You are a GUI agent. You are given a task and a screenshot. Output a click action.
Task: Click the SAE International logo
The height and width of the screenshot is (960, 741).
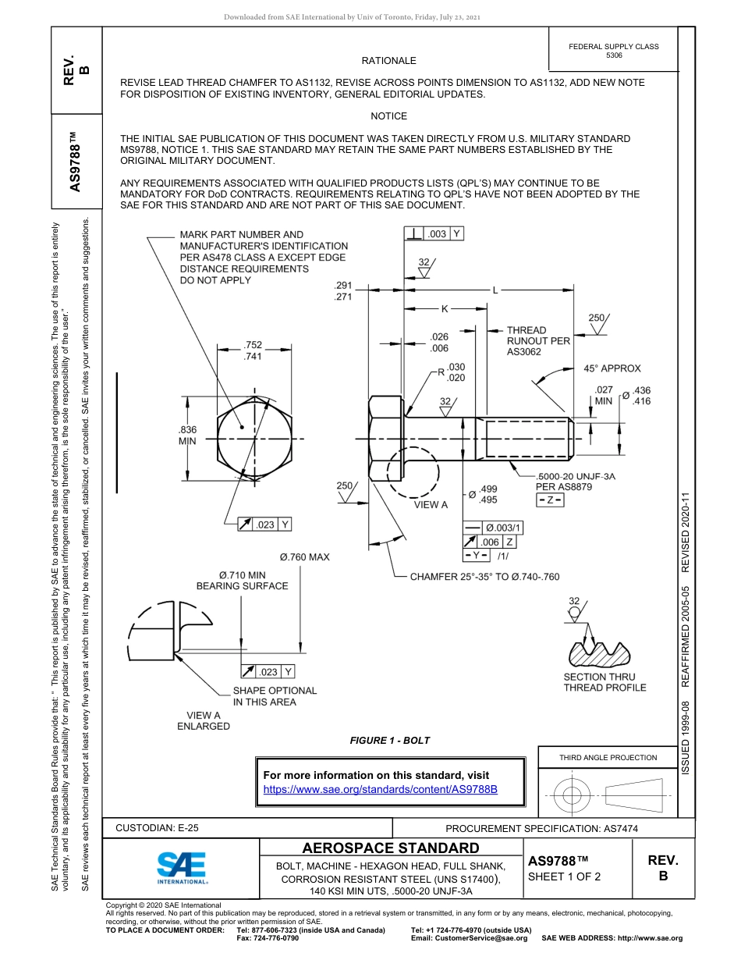tap(182, 867)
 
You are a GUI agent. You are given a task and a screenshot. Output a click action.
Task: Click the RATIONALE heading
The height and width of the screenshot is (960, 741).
tap(388, 61)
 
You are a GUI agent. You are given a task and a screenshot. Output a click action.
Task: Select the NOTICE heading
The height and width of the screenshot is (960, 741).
tap(388, 116)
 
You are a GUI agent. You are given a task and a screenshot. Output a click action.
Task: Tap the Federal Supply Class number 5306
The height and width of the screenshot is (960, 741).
tap(614, 55)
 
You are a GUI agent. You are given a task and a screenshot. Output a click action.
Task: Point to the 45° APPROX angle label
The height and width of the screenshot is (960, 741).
tap(612, 368)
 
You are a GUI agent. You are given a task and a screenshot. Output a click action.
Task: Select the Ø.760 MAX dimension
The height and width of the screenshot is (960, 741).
tap(304, 557)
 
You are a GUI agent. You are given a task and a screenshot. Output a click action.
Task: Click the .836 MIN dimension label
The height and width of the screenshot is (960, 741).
tap(187, 435)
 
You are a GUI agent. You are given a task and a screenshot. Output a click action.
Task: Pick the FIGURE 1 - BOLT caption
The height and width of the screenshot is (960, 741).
tap(390, 740)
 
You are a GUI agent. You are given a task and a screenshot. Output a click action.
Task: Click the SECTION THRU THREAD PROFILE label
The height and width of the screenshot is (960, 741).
tap(604, 682)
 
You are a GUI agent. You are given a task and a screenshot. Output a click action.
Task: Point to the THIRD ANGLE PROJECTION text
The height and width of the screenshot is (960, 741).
tap(608, 757)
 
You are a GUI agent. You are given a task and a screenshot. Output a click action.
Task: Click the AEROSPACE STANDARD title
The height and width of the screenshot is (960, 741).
tap(391, 848)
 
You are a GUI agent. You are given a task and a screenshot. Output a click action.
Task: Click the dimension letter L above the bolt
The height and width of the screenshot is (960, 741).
tap(495, 290)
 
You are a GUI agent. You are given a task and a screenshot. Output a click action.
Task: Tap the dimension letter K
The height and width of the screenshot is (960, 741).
tap(445, 309)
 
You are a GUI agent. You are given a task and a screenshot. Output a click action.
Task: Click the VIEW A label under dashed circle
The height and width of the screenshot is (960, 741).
tap(431, 504)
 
